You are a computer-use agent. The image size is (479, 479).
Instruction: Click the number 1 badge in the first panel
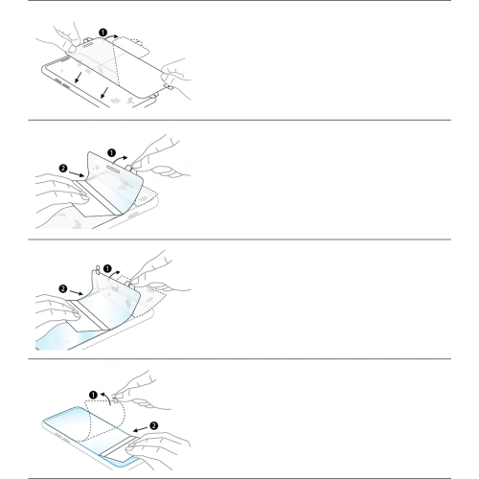(x=103, y=32)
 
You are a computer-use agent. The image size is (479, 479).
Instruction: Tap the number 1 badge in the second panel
(x=111, y=152)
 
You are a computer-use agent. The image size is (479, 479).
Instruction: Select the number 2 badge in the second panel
(x=63, y=166)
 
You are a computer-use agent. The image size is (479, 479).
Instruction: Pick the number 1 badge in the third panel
(x=107, y=269)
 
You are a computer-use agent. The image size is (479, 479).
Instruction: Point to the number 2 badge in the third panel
(x=63, y=286)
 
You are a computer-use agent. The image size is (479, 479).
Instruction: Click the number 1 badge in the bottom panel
(x=94, y=393)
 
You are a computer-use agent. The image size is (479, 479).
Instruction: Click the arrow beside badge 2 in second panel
(x=79, y=172)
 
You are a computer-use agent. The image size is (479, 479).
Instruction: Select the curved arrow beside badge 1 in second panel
(x=124, y=151)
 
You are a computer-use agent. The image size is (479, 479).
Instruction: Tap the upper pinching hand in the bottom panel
(x=134, y=383)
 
